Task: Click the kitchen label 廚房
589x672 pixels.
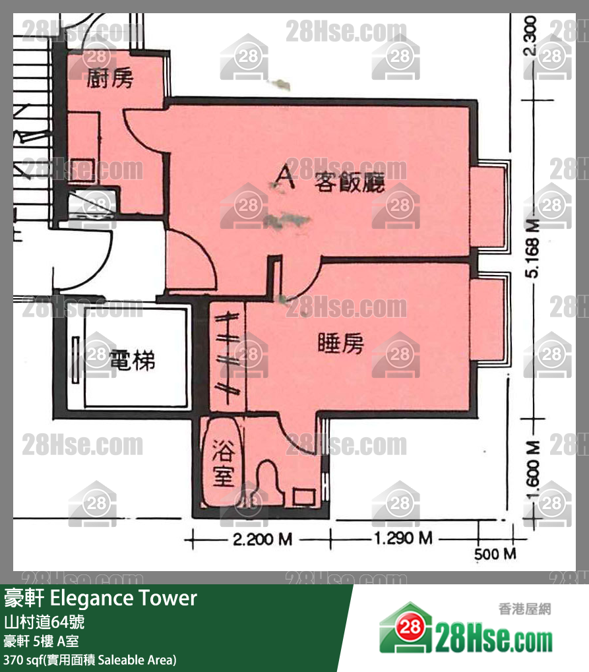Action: (110, 78)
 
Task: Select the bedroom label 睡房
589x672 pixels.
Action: (340, 343)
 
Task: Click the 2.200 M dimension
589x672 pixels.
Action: (263, 540)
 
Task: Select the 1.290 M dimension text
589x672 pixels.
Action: (403, 539)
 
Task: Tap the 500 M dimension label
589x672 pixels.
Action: (495, 554)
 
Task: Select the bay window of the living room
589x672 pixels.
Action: (489, 206)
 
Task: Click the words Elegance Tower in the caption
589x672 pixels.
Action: (123, 598)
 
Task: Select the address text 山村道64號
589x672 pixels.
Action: (44, 621)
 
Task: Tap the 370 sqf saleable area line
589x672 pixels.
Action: (90, 659)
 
